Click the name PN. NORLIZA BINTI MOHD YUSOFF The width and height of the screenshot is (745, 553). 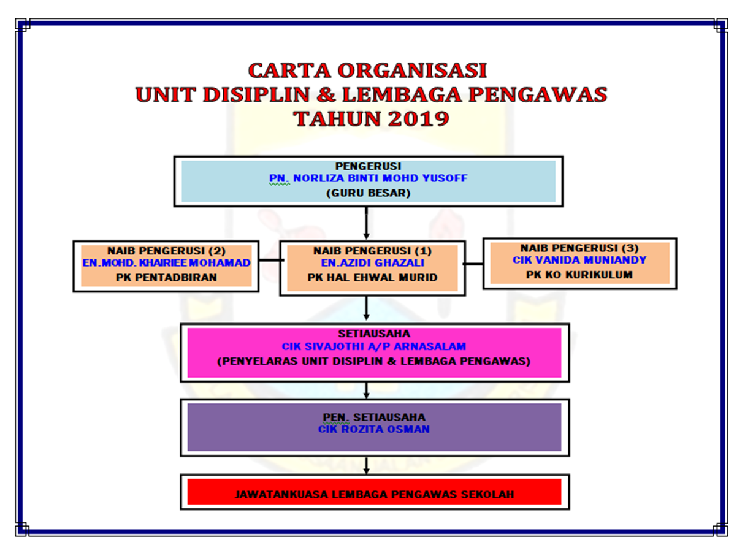click(368, 178)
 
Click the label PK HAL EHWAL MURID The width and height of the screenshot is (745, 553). click(372, 277)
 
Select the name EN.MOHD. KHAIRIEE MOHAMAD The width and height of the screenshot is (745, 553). click(166, 262)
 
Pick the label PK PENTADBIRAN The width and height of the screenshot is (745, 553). click(166, 276)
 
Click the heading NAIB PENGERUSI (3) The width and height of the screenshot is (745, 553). click(579, 248)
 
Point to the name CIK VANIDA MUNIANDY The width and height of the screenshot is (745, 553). click(579, 260)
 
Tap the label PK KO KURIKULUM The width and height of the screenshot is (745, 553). click(579, 274)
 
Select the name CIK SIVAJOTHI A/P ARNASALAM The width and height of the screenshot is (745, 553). click(374, 346)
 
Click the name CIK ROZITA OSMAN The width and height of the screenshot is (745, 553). click(373, 429)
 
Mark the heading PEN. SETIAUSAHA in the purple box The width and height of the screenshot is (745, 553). click(373, 417)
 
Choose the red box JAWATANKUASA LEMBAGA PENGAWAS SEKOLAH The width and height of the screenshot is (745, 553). click(374, 494)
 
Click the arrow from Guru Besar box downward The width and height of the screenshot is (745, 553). click(367, 223)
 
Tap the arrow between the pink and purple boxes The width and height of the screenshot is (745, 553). click(367, 390)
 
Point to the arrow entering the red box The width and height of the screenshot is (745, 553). click(367, 465)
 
